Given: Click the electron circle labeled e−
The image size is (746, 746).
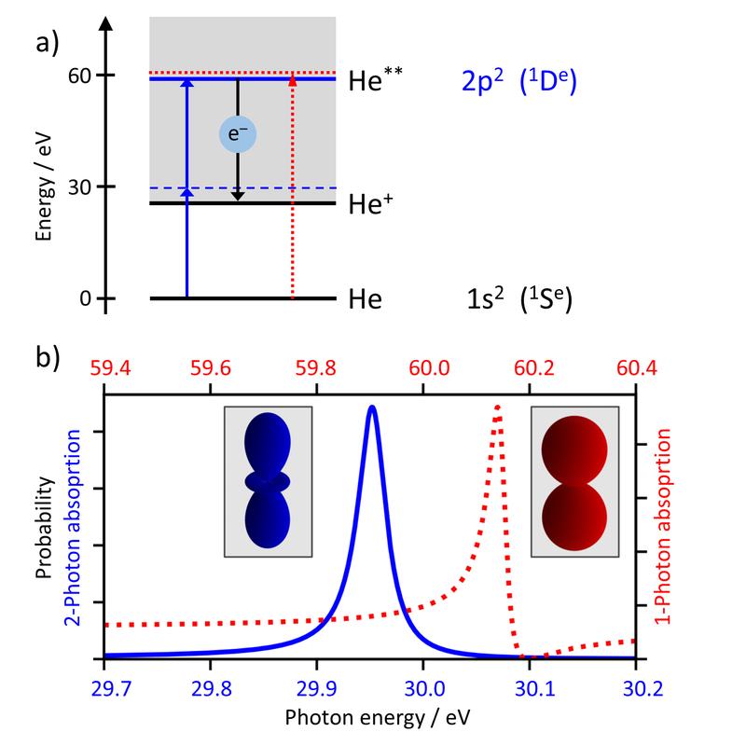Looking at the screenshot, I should pos(238,135).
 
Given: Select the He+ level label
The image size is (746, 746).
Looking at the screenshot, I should pos(369,204).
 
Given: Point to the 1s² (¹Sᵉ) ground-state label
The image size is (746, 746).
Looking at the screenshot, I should pos(518,300).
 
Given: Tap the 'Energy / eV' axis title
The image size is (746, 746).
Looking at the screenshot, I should pos(43,186).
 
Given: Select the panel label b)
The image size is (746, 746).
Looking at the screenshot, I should pos(47,357).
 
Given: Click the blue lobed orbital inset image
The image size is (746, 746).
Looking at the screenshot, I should pos(268,481).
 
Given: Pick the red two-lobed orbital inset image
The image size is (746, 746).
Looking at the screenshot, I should pos(574,481).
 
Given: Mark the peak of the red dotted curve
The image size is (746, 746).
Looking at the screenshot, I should pos(497,407).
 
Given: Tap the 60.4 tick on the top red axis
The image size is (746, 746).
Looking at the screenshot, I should pos(635,369).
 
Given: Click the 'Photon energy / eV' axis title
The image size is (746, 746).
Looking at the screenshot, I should pos(370,721).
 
